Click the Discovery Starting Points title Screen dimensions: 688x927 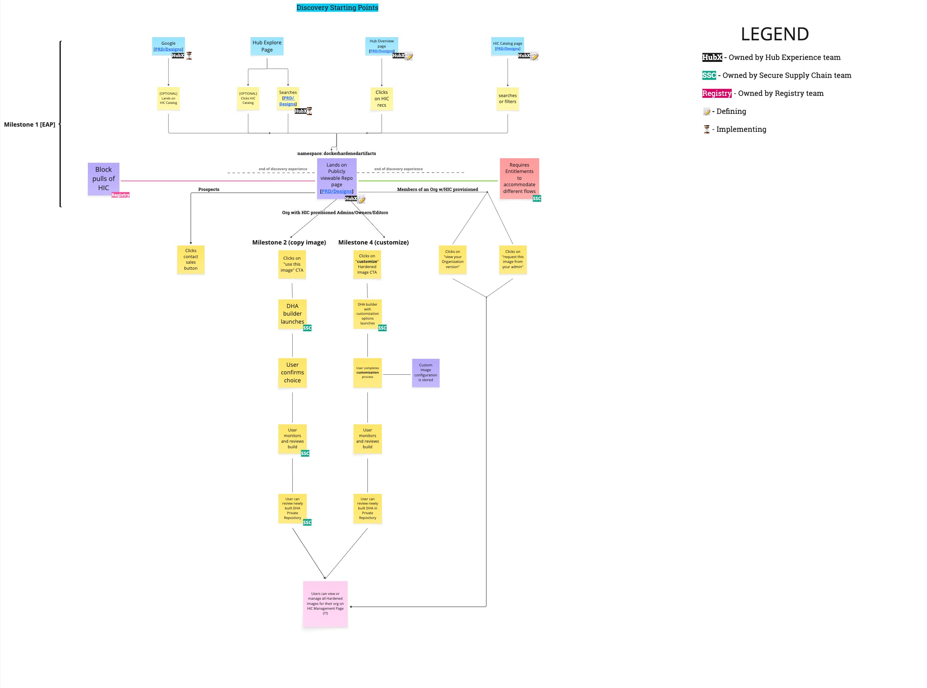[x=337, y=8]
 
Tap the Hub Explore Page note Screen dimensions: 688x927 [x=267, y=46]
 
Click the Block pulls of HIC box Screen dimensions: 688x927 [x=103, y=179]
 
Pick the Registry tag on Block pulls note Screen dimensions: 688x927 [x=120, y=195]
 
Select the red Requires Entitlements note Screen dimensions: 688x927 [x=519, y=178]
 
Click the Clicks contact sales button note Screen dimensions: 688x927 [x=191, y=259]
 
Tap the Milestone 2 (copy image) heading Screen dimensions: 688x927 [x=289, y=243]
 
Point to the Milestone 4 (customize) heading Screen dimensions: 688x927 [x=373, y=243]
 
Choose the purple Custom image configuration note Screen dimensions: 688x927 [x=425, y=372]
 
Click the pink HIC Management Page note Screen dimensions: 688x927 [x=325, y=603]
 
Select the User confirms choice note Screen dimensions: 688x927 [x=292, y=372]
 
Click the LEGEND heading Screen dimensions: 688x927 [x=775, y=34]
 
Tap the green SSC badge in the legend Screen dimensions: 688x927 [x=709, y=76]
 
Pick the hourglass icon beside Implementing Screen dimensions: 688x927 [x=707, y=129]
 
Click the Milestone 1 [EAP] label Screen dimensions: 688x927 [x=30, y=125]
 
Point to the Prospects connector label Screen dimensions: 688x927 [x=208, y=189]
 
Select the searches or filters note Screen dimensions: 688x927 [x=507, y=99]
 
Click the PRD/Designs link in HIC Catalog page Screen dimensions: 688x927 [x=507, y=49]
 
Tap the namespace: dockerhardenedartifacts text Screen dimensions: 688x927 [x=336, y=153]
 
